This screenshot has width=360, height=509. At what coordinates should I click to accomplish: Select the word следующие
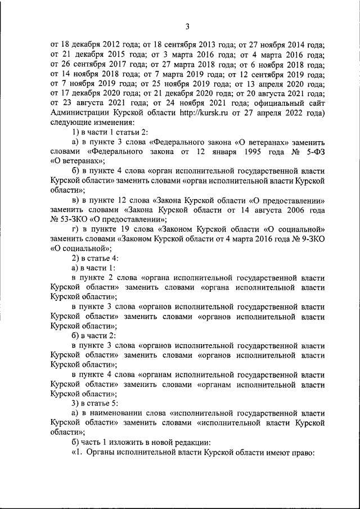pyautogui.click(x=69, y=123)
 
